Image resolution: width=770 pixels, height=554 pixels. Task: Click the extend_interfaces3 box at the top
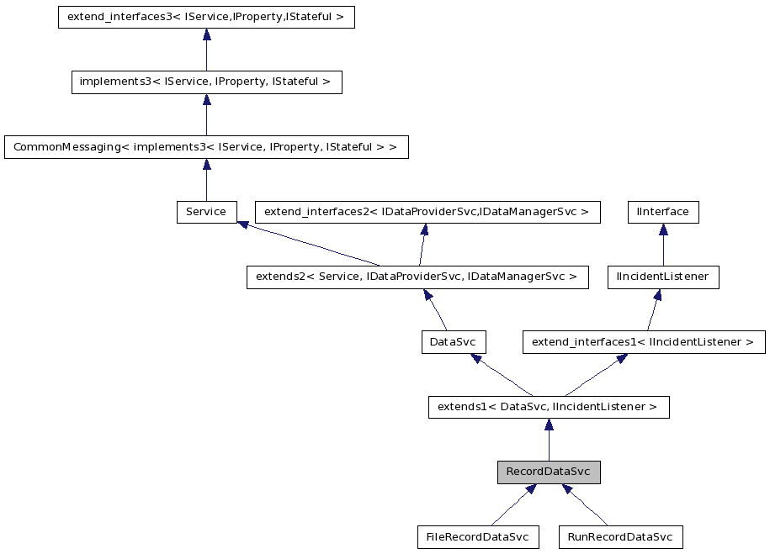[206, 18]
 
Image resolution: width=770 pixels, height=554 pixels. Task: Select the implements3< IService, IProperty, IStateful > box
[206, 82]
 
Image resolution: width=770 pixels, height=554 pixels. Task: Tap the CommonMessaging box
[206, 147]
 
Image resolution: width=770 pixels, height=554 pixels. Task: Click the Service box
[206, 212]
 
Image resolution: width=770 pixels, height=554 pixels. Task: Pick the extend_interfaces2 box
[427, 212]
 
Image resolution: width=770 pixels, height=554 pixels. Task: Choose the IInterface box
[663, 212]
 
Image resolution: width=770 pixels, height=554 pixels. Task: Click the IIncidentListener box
[663, 277]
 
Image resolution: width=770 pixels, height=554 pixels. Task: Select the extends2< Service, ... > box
[417, 277]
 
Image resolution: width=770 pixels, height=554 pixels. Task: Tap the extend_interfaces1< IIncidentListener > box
[644, 342]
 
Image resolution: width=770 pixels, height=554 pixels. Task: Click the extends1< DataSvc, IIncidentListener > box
[549, 407]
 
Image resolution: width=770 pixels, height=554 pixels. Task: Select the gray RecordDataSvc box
[549, 472]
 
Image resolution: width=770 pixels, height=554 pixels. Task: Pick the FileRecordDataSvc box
[477, 536]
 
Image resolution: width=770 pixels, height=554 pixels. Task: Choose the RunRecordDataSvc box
[620, 536]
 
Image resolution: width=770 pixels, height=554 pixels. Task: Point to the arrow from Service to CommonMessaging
[206, 180]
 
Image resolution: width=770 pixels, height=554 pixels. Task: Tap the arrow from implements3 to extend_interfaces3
[206, 50]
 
